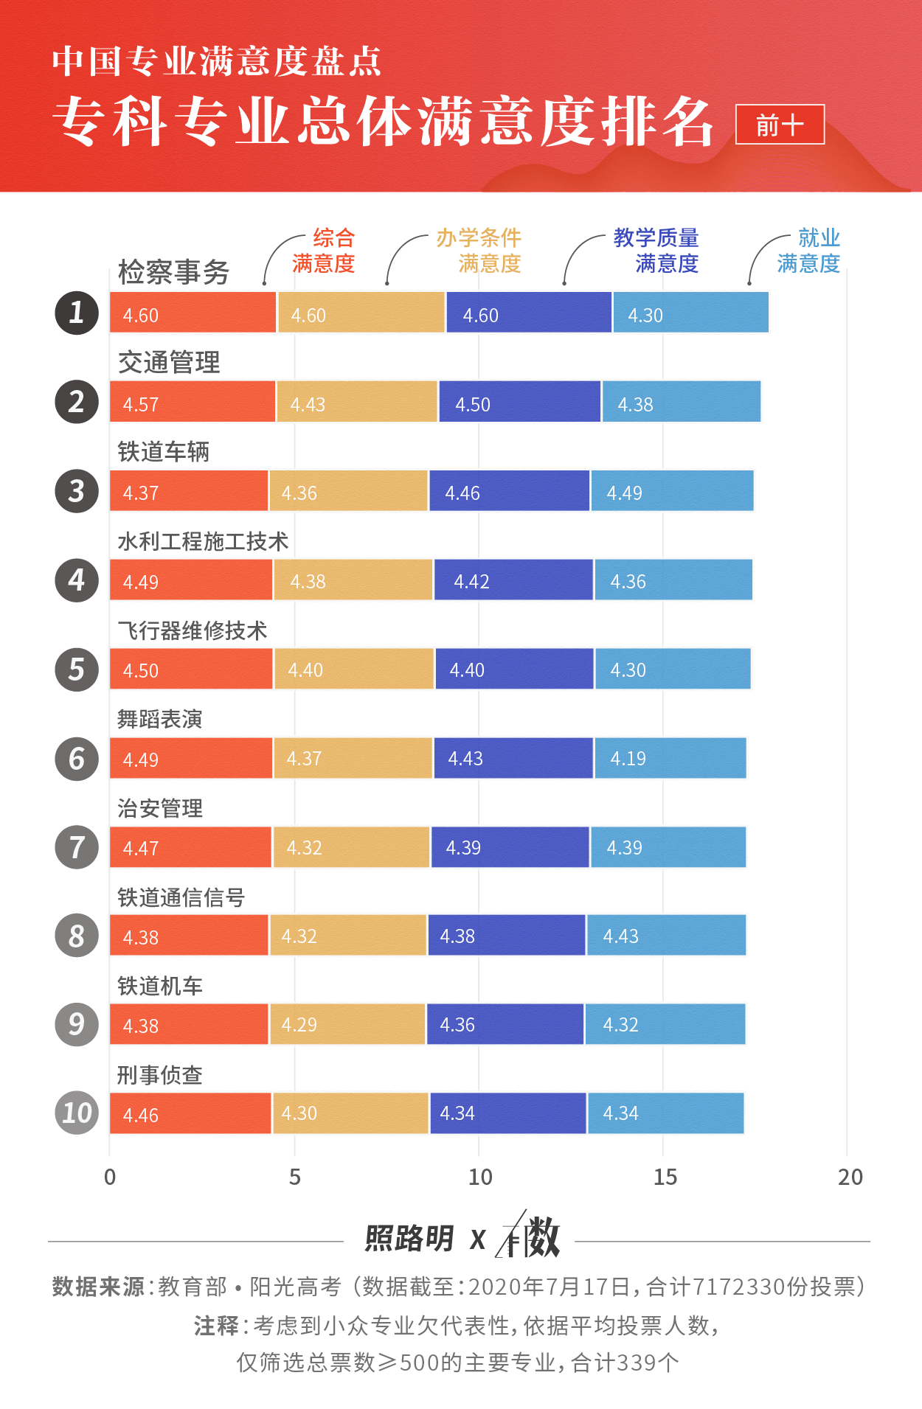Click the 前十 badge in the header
pos(780,125)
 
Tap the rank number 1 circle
pos(77,313)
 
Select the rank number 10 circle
pos(77,1113)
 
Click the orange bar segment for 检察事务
pos(193,313)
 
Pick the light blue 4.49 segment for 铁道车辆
pos(672,491)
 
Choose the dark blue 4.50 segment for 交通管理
pos(519,402)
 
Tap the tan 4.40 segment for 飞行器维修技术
pos(353,669)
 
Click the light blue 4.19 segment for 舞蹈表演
pos(670,758)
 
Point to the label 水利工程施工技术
pos(203,542)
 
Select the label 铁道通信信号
pos(181,897)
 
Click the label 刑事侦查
pos(159,1075)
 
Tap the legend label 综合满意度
pos(324,251)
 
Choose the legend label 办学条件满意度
pos(479,251)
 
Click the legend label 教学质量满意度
pos(656,251)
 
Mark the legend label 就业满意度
pos(809,251)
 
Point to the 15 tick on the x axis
pos(665,1177)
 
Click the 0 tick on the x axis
pos(110,1177)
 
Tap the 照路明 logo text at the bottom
pos(409,1239)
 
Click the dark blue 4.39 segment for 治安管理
pos(510,847)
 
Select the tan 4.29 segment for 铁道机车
pos(347,1024)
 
